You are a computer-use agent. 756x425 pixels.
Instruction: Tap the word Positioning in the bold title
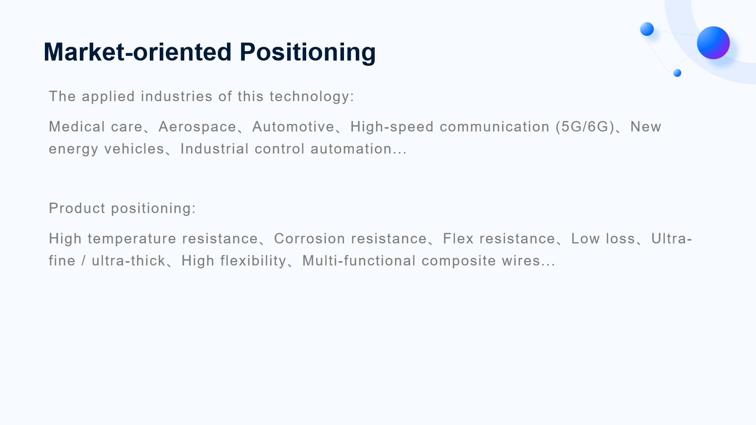(x=308, y=53)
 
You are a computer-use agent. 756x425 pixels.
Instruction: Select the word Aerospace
(x=197, y=127)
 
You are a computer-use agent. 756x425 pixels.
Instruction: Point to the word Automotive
(x=293, y=127)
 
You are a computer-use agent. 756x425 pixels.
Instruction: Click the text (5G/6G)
(x=585, y=127)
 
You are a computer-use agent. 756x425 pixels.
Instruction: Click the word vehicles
(x=134, y=149)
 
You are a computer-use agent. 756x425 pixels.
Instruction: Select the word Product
(x=77, y=208)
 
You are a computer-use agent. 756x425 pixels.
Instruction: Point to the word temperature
(x=132, y=238)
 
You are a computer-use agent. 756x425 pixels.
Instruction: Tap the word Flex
(x=458, y=238)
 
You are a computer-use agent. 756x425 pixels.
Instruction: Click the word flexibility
(x=253, y=261)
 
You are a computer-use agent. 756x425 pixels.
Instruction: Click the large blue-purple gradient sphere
(x=713, y=43)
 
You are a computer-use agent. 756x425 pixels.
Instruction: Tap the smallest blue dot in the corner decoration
(x=677, y=73)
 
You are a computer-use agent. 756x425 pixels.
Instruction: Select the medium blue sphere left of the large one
(x=647, y=29)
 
